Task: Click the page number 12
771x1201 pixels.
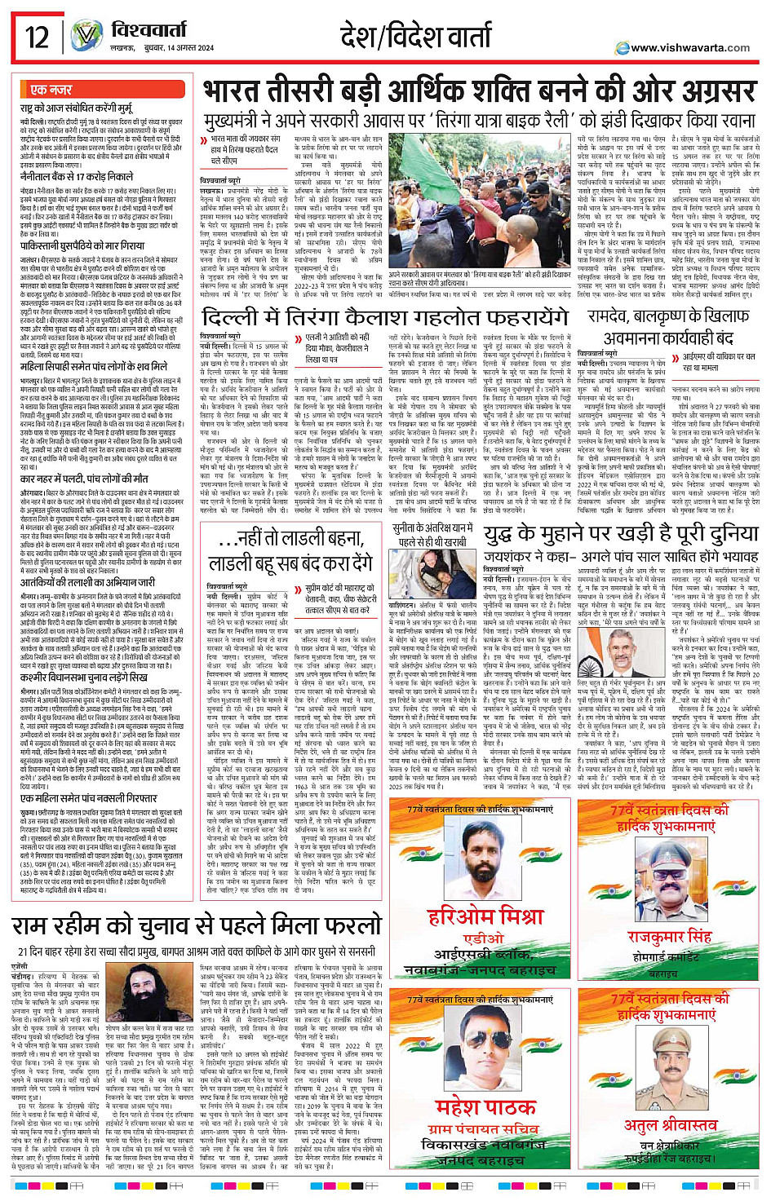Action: [x=37, y=37]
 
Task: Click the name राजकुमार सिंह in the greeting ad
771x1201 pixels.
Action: [x=669, y=936]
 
